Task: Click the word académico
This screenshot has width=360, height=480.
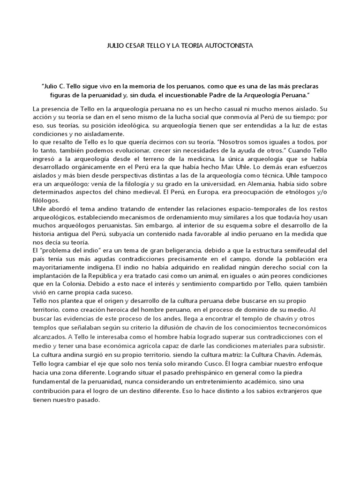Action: click(x=249, y=380)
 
